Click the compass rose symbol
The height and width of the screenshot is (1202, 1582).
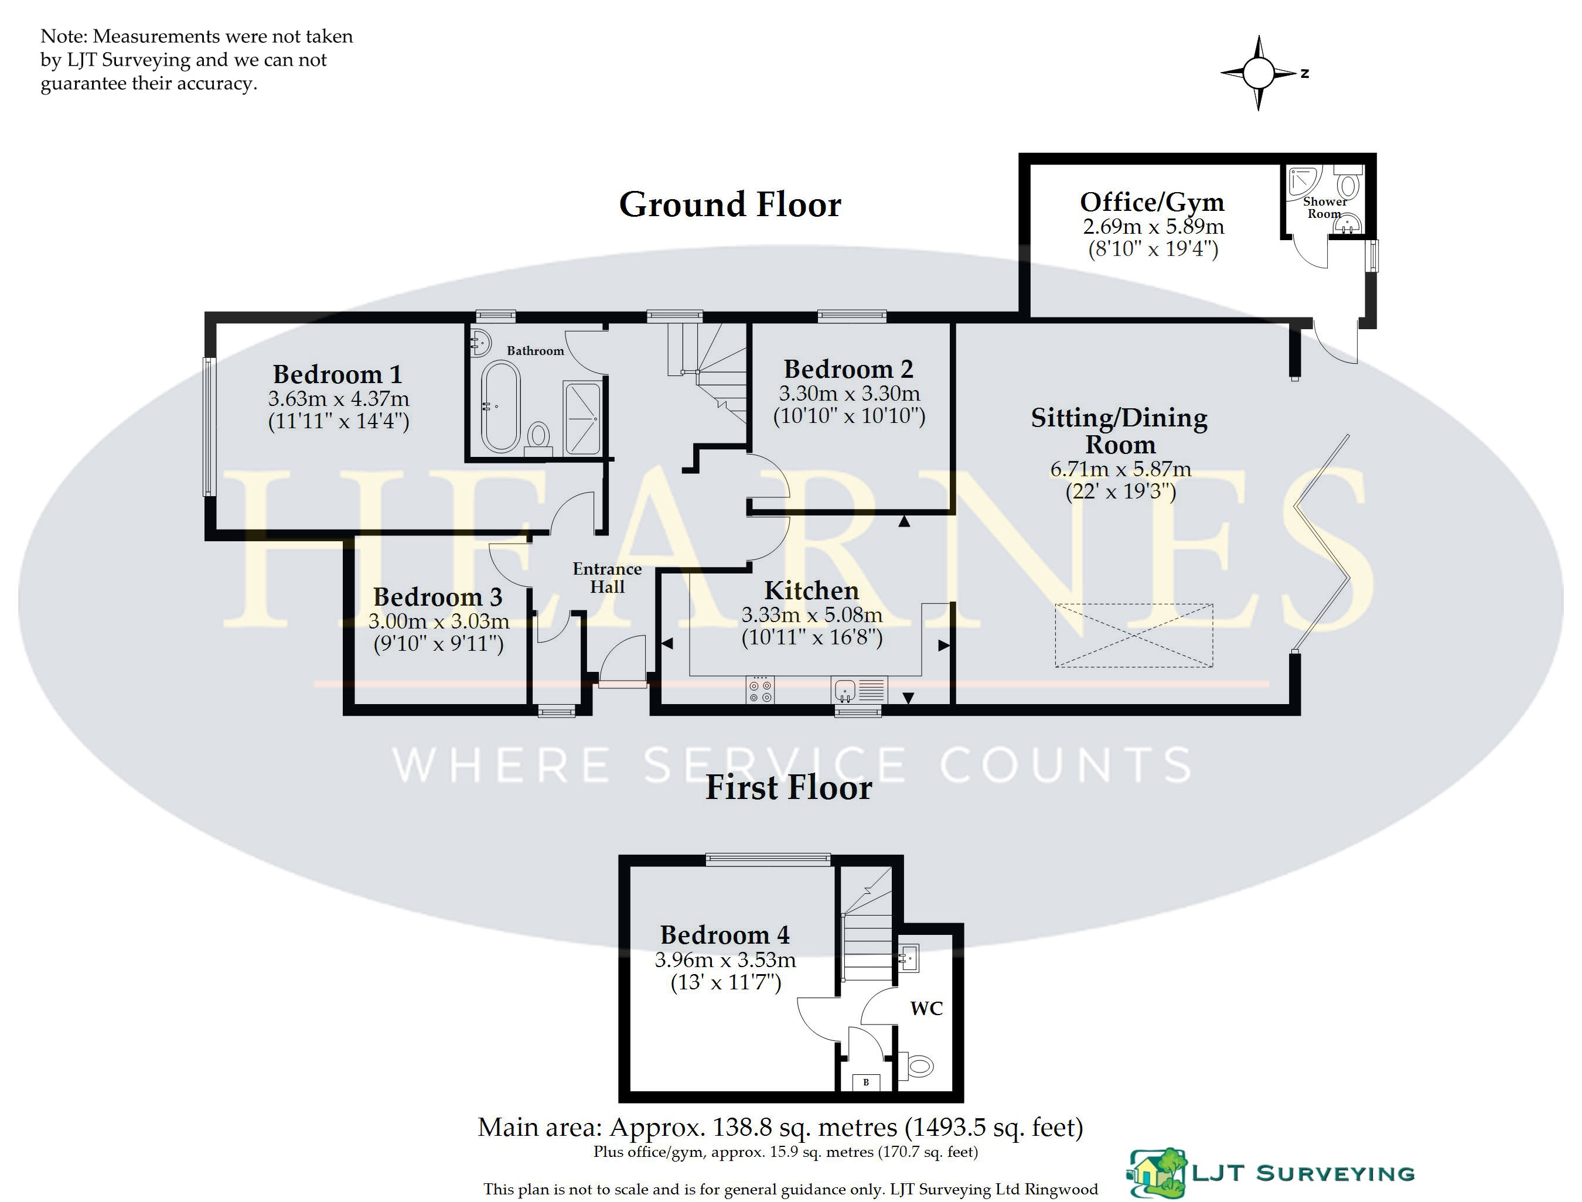(x=1259, y=73)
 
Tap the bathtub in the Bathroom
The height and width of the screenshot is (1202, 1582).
(x=501, y=407)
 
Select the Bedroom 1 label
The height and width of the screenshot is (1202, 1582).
(x=337, y=374)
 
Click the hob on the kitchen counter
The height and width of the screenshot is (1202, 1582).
(x=760, y=689)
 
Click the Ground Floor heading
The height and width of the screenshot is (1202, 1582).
(x=730, y=204)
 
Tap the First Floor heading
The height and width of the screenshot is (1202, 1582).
(x=789, y=787)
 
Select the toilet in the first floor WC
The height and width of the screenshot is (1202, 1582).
(x=916, y=1067)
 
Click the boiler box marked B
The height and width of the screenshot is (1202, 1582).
(x=866, y=1082)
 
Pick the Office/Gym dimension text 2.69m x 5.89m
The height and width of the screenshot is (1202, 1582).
(x=1153, y=227)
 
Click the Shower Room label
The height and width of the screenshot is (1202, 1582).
(x=1324, y=207)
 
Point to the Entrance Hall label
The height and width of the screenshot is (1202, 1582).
(x=607, y=578)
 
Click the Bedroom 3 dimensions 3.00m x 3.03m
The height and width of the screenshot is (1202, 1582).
(x=439, y=621)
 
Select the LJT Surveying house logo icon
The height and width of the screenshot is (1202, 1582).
(x=1156, y=1173)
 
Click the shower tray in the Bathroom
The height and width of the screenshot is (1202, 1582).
(x=582, y=418)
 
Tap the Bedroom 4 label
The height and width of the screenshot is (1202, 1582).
(x=725, y=935)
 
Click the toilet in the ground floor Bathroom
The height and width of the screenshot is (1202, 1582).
(x=538, y=436)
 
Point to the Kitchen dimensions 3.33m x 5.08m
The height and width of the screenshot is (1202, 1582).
(x=812, y=614)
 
